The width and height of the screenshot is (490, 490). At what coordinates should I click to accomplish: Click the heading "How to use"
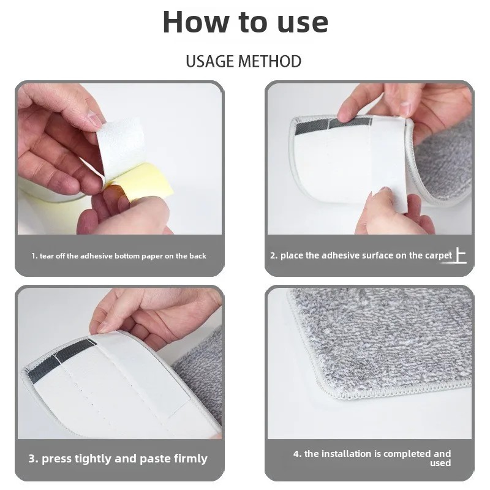point(246,22)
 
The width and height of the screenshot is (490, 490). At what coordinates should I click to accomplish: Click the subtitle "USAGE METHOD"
point(243,61)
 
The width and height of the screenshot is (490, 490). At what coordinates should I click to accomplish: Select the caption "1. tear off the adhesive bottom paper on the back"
point(119,256)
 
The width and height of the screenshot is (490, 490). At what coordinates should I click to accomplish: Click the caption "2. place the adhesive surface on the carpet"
point(361,255)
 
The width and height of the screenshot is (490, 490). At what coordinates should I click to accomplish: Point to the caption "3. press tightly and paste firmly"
point(118,458)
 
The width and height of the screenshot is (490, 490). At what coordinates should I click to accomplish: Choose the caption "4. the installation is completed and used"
point(372,458)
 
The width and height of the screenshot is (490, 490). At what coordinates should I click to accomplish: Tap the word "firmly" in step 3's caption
point(190,459)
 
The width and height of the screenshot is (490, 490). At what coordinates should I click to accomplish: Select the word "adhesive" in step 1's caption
point(96,256)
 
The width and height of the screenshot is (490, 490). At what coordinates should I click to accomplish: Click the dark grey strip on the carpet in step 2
point(333,126)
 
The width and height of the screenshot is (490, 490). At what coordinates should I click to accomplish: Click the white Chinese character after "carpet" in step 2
point(461,255)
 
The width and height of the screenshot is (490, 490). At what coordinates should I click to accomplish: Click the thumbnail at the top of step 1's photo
point(93,119)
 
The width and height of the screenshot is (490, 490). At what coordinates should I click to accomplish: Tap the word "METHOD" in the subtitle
point(270,61)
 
